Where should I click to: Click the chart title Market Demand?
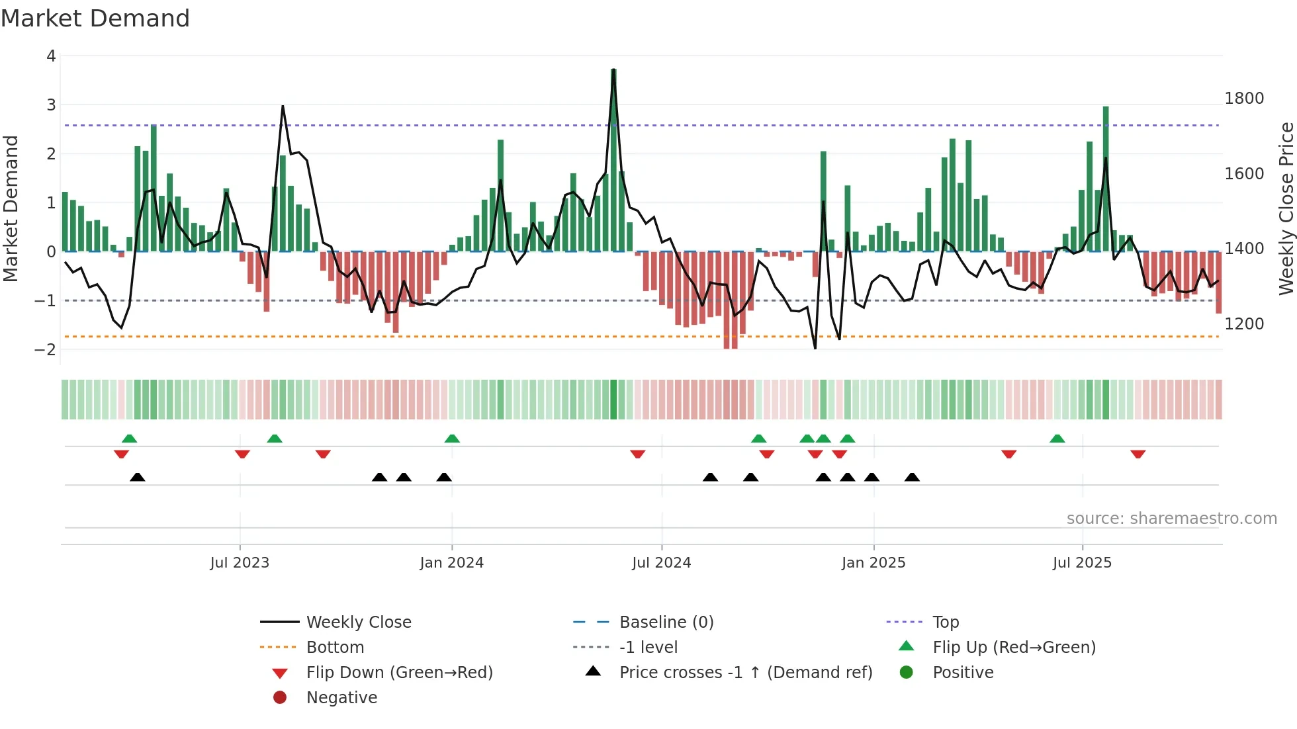(x=95, y=19)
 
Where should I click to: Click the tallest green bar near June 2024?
(x=613, y=159)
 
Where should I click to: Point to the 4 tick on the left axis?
(x=51, y=56)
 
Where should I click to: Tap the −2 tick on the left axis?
(x=46, y=350)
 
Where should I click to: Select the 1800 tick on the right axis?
(x=1244, y=99)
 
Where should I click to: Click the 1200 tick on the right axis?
(x=1244, y=324)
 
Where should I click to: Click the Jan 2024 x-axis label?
(x=451, y=563)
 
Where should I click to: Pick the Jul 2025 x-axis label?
(x=1082, y=563)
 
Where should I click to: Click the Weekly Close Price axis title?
(x=1286, y=208)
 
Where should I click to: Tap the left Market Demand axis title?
(x=11, y=208)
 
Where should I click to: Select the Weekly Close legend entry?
(x=358, y=622)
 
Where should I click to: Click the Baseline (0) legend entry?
(x=666, y=622)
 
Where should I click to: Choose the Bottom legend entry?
(x=335, y=648)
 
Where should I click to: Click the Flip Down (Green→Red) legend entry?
(x=399, y=673)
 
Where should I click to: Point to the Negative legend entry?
(x=341, y=698)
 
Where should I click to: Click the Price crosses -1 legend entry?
(x=745, y=673)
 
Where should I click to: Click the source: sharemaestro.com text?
(x=1171, y=519)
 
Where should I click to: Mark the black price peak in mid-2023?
(x=283, y=107)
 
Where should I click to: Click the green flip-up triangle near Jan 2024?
(x=452, y=439)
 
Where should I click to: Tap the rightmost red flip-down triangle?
(x=1138, y=454)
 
